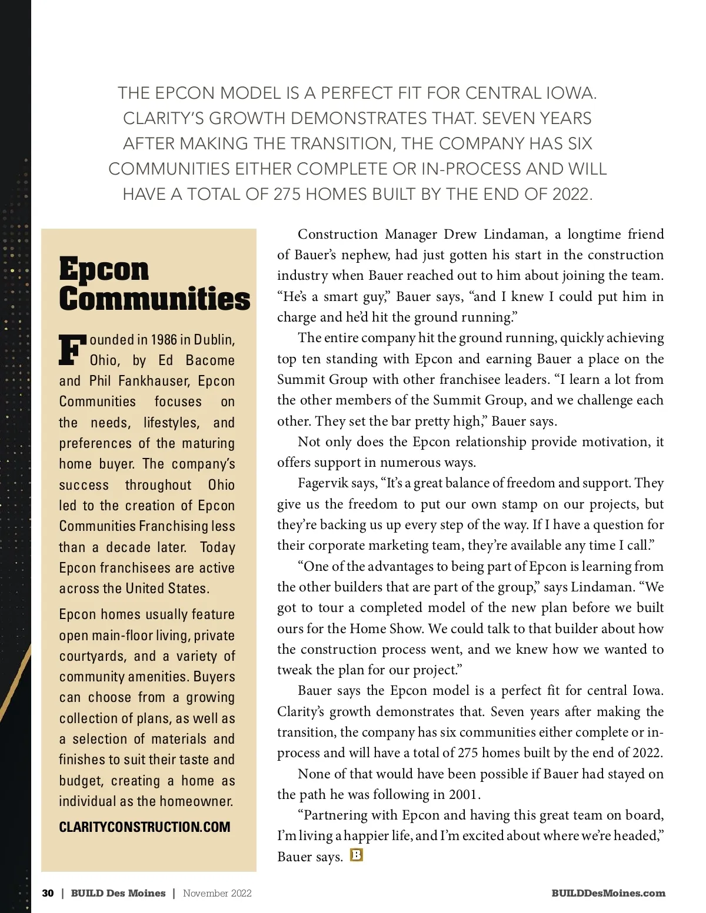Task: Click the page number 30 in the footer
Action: [48, 893]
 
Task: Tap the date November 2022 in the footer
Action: [217, 893]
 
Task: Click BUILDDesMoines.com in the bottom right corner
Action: [608, 893]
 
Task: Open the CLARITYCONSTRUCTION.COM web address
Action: [145, 827]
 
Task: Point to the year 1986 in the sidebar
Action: [164, 340]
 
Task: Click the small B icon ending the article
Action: [356, 855]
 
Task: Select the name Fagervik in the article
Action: [324, 483]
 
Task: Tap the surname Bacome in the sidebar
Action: [210, 360]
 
